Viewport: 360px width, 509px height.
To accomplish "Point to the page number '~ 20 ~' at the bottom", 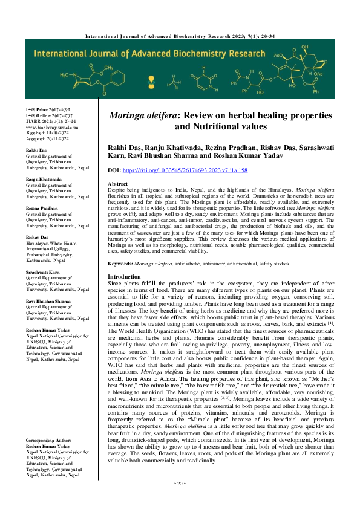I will pos(180,501).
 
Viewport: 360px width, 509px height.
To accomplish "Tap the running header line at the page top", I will pos(180,20).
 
